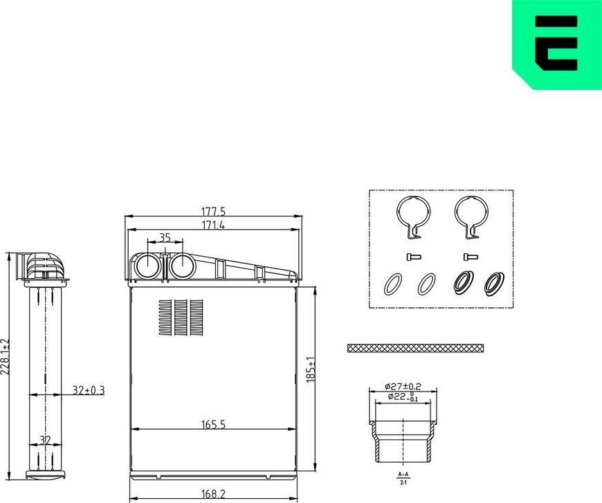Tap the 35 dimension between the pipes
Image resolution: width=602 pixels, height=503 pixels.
tap(165, 237)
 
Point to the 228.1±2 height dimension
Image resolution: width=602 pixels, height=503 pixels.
tap(6, 356)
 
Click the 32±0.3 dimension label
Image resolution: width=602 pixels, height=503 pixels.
tap(89, 390)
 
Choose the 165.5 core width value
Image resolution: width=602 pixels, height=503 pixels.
tap(213, 425)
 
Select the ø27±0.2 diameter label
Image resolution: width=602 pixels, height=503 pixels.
tap(403, 386)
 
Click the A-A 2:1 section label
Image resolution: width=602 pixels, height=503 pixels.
tap(403, 477)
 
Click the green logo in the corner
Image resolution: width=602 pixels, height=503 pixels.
tap(557, 44)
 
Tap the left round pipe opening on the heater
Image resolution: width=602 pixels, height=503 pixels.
tap(146, 266)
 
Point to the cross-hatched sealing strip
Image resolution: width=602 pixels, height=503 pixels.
tap(415, 347)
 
